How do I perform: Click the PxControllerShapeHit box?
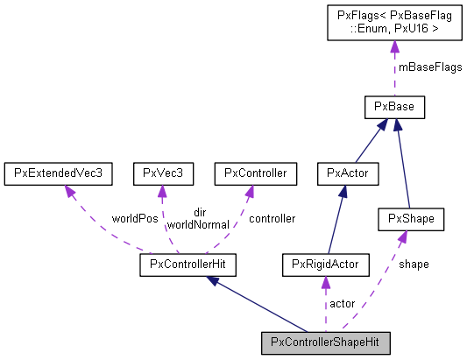[x=325, y=341]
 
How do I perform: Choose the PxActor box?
[x=348, y=173]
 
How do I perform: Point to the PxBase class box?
[x=394, y=108]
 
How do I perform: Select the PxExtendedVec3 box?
[x=58, y=173]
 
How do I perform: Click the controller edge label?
[x=272, y=217]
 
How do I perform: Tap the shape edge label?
[x=414, y=263]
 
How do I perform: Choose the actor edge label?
[x=342, y=303]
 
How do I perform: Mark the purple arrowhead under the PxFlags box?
[x=394, y=50]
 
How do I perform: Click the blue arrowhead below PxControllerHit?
[x=211, y=280]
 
